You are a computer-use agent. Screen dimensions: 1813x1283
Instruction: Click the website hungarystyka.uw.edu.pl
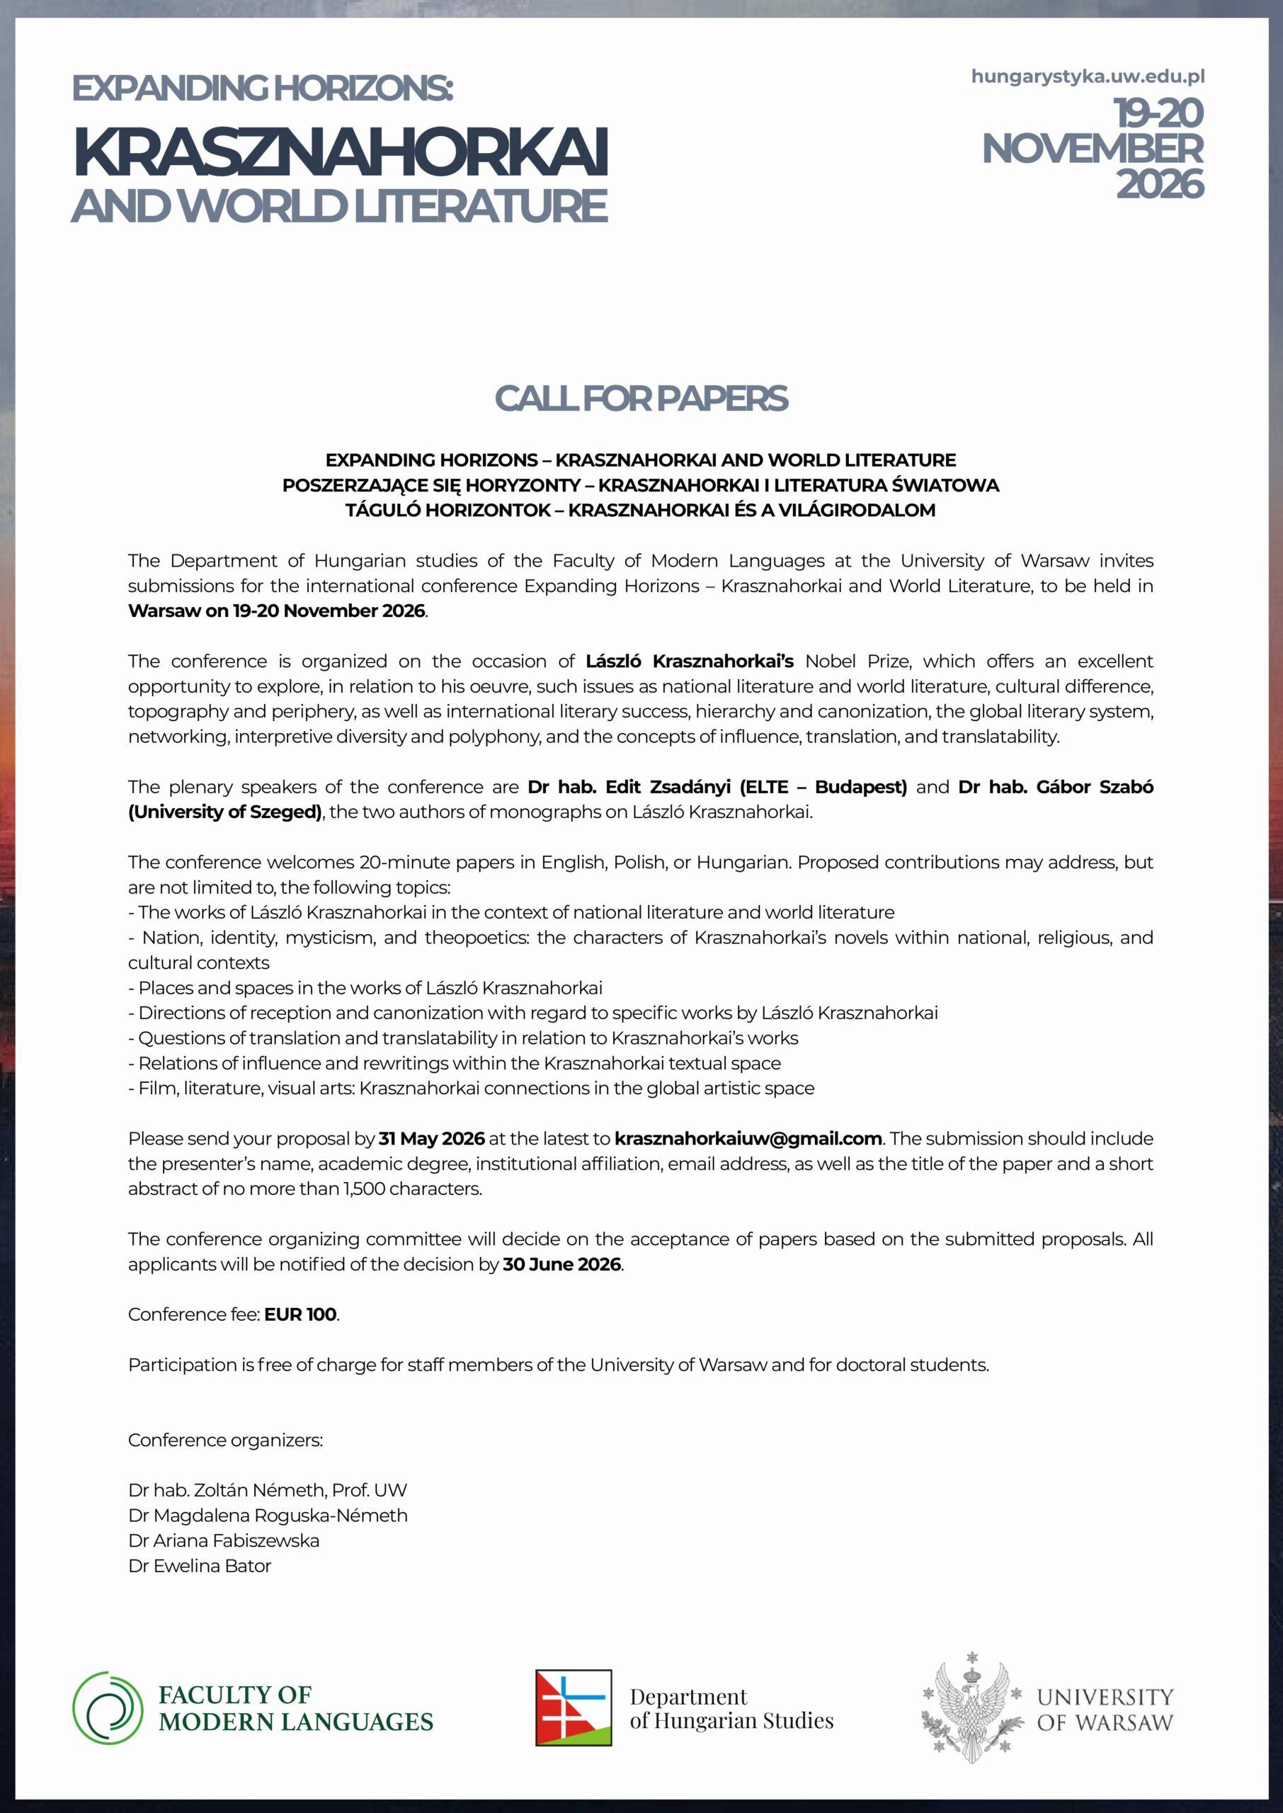point(1087,76)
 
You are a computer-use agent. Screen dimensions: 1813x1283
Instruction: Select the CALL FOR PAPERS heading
point(641,399)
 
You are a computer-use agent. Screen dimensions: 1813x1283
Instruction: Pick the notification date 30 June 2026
point(561,1264)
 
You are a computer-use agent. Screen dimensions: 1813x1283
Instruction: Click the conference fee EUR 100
point(300,1314)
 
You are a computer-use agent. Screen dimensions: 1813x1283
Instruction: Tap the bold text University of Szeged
point(224,812)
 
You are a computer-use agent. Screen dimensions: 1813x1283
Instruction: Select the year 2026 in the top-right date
point(1159,185)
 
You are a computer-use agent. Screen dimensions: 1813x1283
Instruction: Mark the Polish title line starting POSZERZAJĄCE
point(641,485)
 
